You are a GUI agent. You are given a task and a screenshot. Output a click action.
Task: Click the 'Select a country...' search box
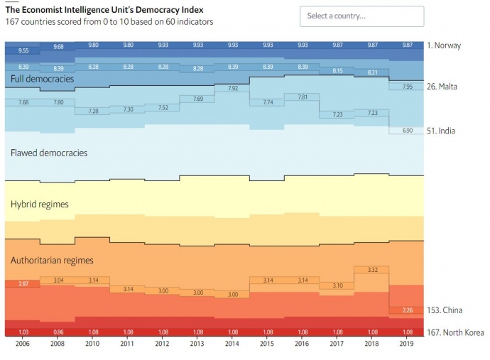coord(361,16)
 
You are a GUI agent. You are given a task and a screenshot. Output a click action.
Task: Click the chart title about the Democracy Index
coord(104,10)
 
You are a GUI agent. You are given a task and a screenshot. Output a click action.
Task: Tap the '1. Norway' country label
coord(444,45)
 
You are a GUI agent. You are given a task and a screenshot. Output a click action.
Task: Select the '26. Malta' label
coord(442,87)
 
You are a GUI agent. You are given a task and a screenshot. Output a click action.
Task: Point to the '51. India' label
coord(441,131)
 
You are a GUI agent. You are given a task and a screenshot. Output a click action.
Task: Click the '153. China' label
coord(444,310)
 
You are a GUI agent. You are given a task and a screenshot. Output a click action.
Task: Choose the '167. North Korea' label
coord(454,332)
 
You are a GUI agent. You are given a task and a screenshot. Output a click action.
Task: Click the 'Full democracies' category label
coord(42,79)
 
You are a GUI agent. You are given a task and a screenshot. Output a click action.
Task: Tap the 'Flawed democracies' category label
coord(49,153)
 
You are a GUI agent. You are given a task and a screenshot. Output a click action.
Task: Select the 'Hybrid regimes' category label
coord(40,204)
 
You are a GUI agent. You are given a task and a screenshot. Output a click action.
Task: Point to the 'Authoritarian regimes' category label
coord(52,261)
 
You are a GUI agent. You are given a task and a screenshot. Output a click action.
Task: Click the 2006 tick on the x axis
coord(23,344)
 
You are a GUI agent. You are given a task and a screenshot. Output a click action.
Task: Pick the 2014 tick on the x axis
coord(232,344)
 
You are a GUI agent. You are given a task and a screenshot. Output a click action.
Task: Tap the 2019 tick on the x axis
coord(407,344)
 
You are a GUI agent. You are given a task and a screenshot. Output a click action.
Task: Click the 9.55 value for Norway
coord(23,51)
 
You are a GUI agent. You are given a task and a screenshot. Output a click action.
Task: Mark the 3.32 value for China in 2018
coord(372,270)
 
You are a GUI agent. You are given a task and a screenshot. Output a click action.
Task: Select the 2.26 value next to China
coord(407,310)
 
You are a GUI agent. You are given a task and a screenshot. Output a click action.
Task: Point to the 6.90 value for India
coord(407,131)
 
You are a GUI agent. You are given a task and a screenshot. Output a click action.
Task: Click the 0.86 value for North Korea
coord(58,332)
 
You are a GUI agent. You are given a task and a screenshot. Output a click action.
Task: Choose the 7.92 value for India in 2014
coord(232,89)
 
